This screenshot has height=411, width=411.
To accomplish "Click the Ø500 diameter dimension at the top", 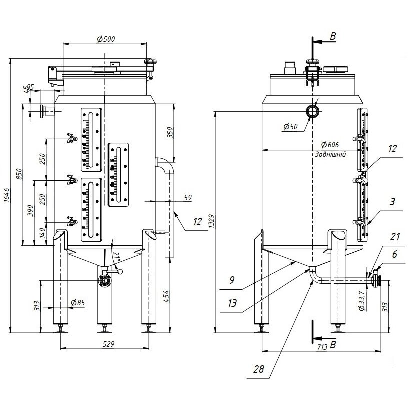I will click(x=104, y=39).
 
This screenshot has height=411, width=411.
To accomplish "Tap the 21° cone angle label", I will click(x=116, y=257).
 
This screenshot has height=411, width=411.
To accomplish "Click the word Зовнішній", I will click(x=331, y=154).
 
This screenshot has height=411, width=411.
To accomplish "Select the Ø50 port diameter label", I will click(x=290, y=127).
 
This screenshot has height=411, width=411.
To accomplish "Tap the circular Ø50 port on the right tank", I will click(x=313, y=111).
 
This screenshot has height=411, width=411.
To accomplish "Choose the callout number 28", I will click(x=259, y=370).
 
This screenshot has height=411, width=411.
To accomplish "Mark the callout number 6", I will click(x=395, y=254).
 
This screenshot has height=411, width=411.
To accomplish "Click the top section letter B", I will click(x=333, y=36).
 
